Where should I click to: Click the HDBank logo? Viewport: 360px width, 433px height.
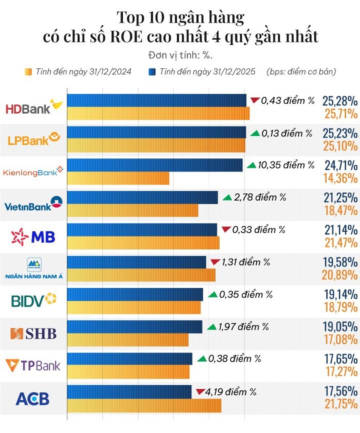[33, 107]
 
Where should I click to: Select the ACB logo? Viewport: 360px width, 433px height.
[33, 398]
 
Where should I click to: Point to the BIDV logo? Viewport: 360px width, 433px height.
[33, 300]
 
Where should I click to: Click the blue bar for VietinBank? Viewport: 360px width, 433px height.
[142, 197]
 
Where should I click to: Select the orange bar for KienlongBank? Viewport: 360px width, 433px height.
[118, 178]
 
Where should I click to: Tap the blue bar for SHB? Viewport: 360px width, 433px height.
[135, 327]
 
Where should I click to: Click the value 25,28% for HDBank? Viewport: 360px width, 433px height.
[340, 101]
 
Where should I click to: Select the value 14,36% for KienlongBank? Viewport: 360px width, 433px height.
[340, 178]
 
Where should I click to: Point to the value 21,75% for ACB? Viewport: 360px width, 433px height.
[340, 405]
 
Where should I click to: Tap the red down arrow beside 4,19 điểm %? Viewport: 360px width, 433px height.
[200, 392]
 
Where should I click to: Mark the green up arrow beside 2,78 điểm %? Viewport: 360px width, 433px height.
[227, 197]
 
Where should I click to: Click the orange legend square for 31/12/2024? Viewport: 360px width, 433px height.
[28, 72]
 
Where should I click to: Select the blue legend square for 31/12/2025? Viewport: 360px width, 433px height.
[152, 72]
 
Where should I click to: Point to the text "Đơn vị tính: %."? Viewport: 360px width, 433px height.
[180, 55]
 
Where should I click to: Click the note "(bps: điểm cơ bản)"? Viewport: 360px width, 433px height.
[301, 72]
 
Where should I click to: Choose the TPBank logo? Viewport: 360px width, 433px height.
[33, 366]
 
